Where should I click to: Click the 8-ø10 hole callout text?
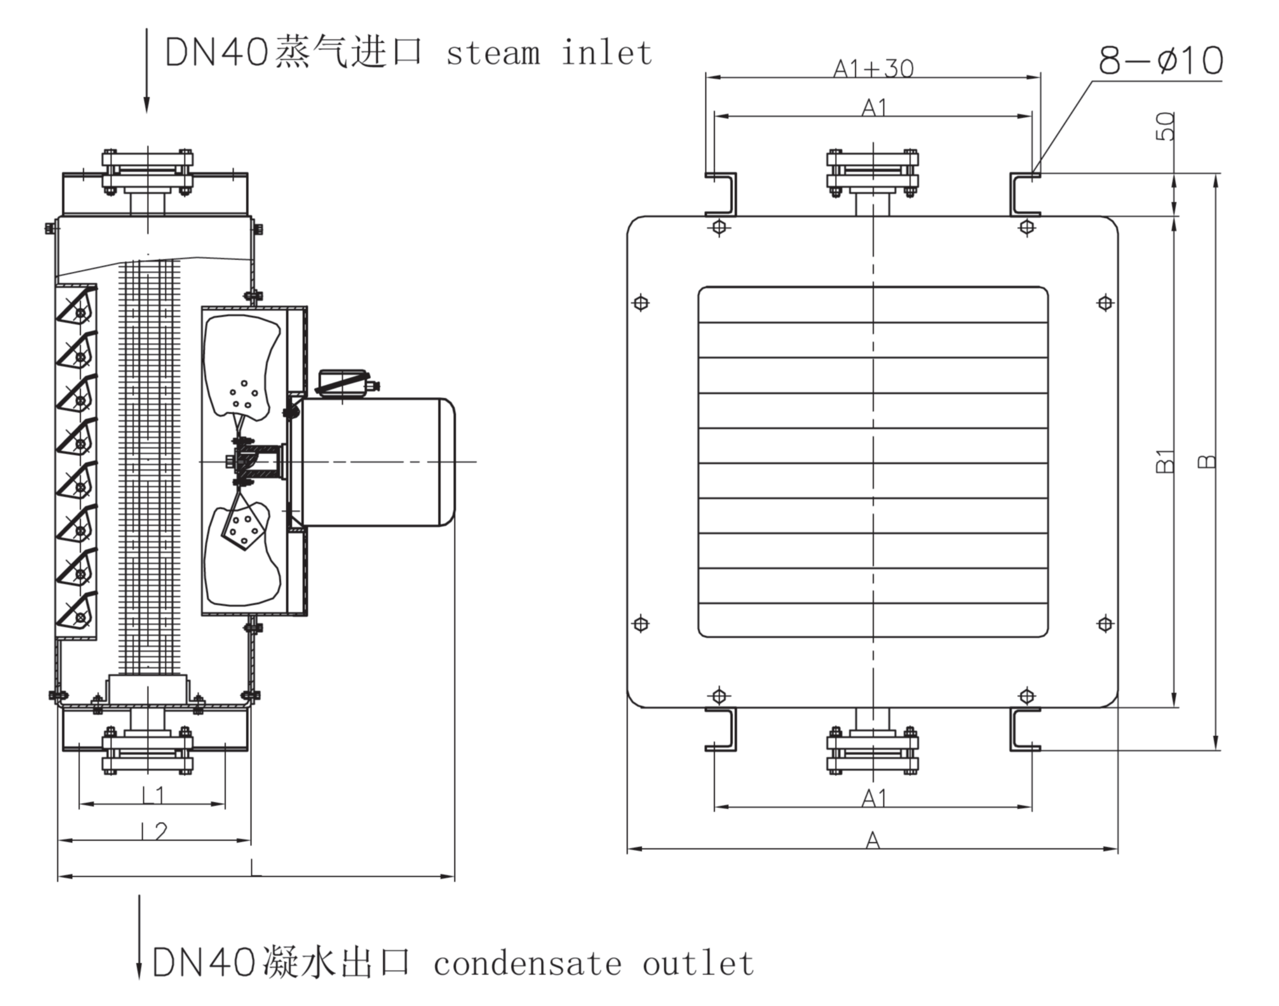(1160, 60)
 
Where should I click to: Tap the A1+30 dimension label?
(873, 69)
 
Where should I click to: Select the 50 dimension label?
(1165, 126)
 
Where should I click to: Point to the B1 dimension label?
(1165, 461)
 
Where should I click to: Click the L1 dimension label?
(153, 795)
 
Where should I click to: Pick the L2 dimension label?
(154, 831)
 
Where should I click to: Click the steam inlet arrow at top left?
(147, 71)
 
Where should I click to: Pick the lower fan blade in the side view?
(241, 557)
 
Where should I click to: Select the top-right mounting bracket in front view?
(1025, 195)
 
